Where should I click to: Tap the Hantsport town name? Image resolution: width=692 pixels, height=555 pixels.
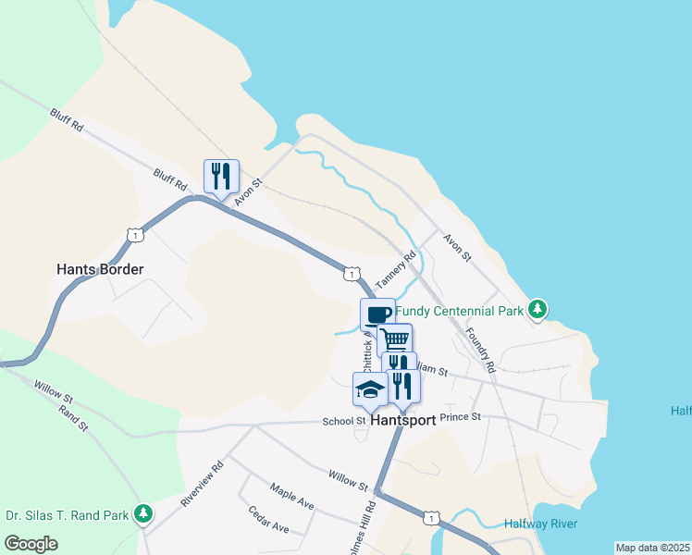point(402,419)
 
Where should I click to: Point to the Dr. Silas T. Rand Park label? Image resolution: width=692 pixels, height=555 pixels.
point(65,513)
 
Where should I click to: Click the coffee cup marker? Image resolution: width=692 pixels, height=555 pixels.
point(377,314)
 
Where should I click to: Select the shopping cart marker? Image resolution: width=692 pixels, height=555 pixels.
point(395,339)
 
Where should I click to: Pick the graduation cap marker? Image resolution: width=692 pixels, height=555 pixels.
point(370,388)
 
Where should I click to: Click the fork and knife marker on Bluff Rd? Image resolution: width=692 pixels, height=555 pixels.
point(221,175)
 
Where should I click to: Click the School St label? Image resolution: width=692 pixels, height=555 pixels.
point(344,421)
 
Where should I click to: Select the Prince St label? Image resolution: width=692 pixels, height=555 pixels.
point(461,417)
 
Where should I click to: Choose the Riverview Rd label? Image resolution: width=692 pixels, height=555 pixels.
point(203,484)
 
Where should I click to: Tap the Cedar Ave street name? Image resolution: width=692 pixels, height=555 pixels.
point(269,520)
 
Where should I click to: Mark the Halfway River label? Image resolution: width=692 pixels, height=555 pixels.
point(540,524)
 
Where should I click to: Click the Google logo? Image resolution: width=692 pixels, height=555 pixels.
point(30,543)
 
